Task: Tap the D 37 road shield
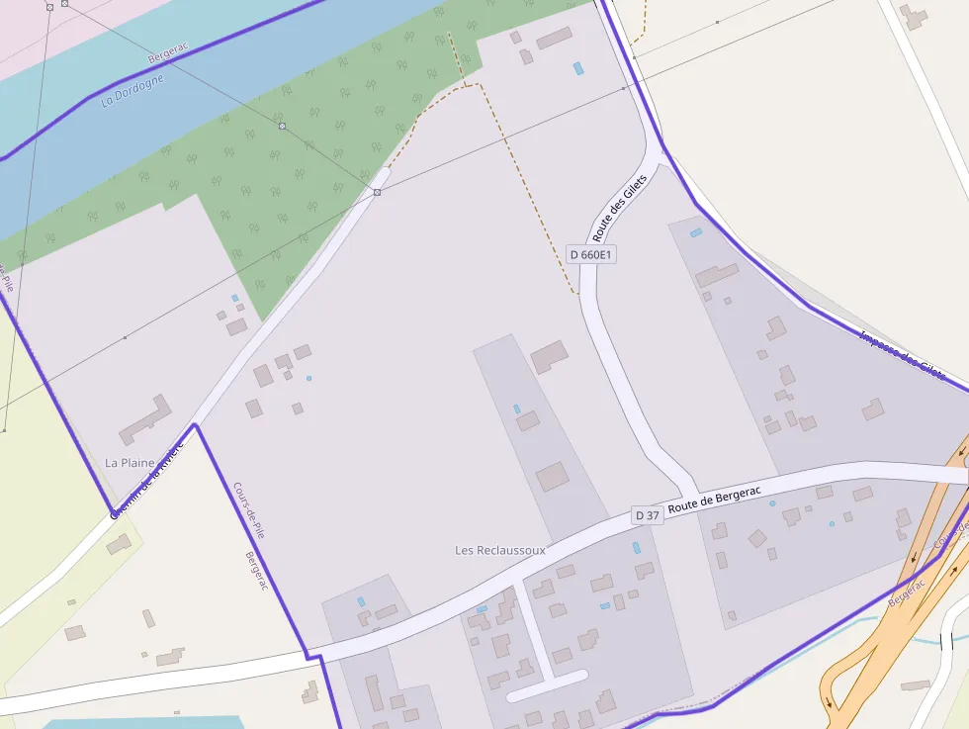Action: tap(647, 515)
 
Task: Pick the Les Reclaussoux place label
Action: tap(500, 550)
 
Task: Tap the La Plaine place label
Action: tap(131, 462)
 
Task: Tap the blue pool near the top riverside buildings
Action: tap(578, 68)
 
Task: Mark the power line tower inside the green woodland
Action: tap(282, 127)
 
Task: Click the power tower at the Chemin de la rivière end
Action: tap(377, 192)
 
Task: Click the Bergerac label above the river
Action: tap(167, 53)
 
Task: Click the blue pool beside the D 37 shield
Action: tap(637, 547)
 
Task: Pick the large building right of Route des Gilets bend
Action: tap(717, 274)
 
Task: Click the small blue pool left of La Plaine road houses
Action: tap(234, 298)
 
